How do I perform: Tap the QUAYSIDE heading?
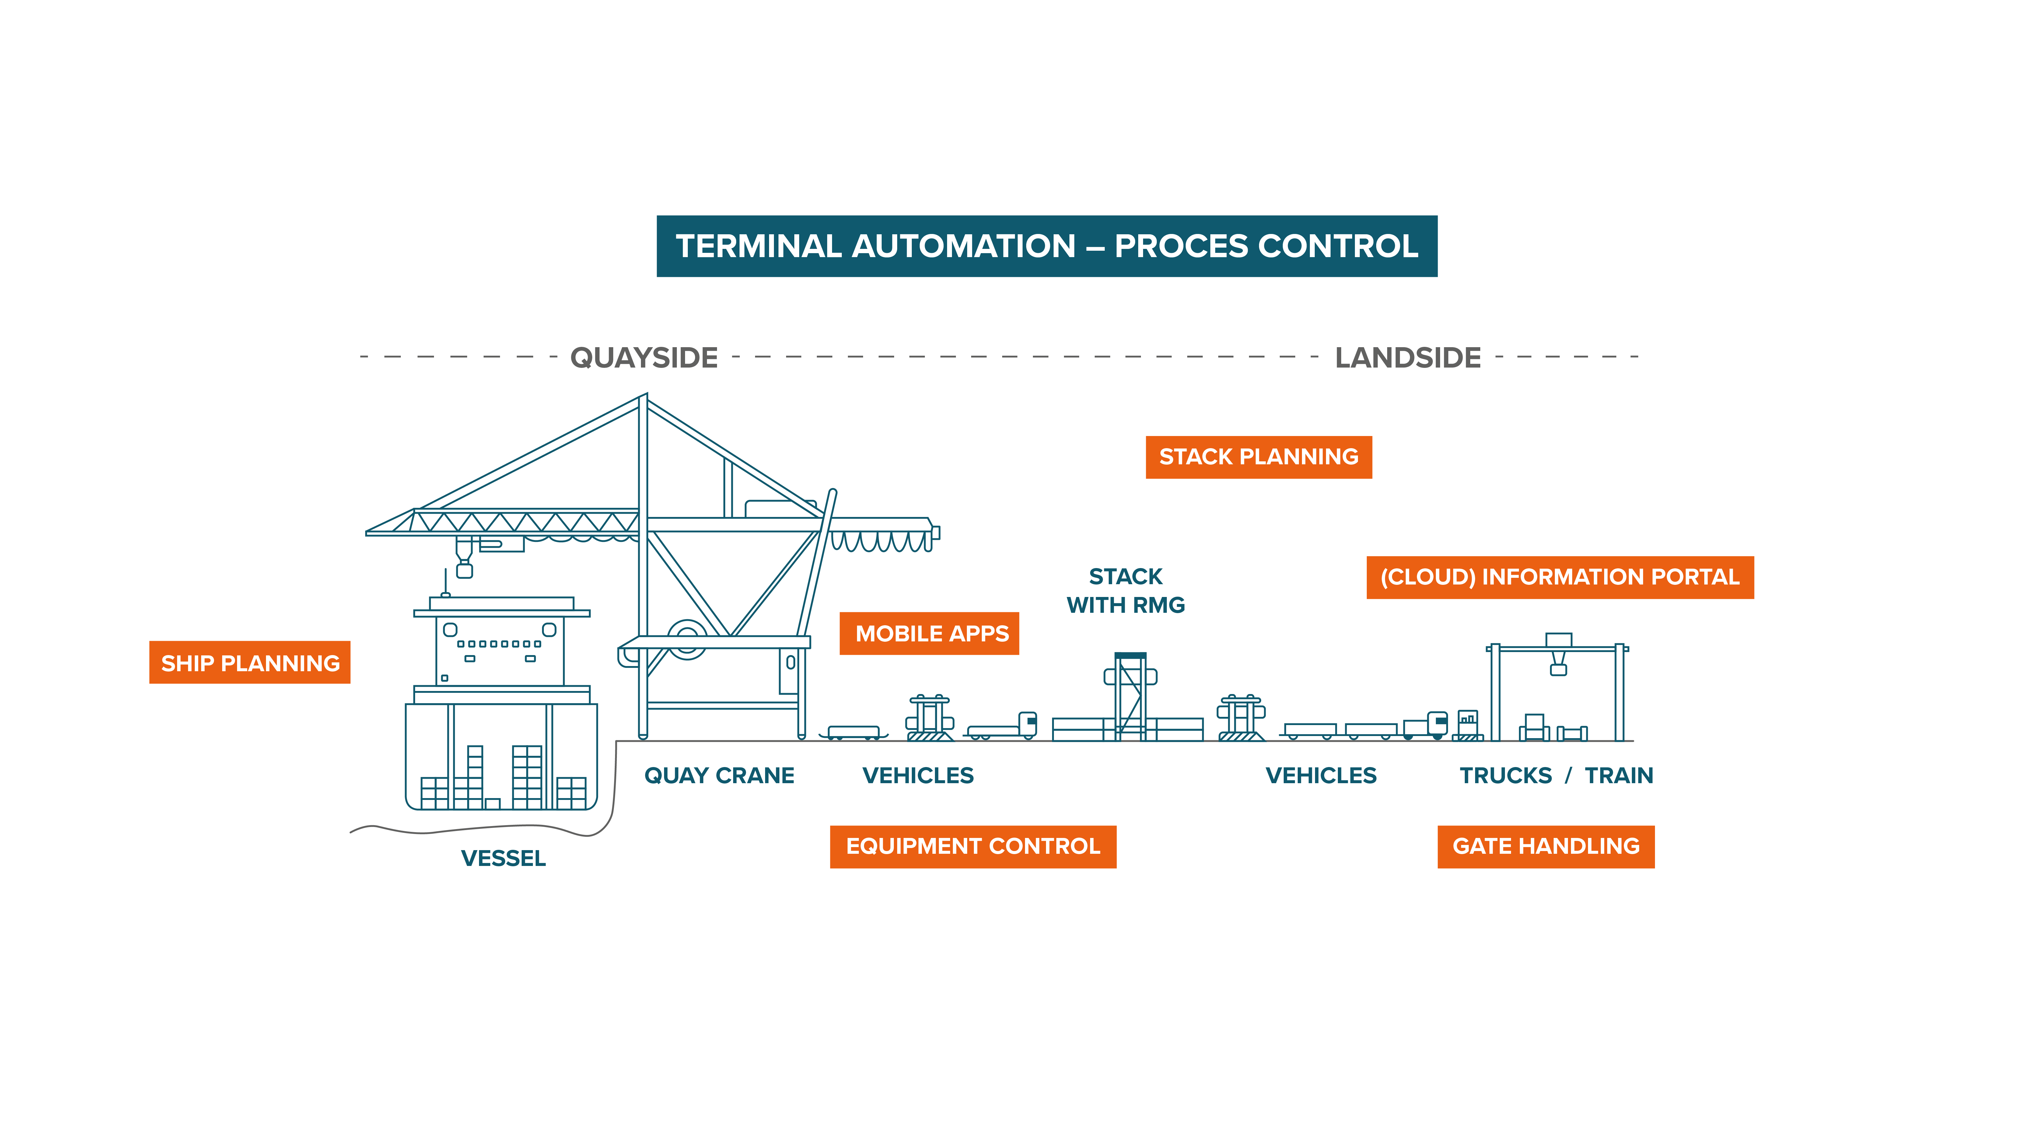[x=643, y=358]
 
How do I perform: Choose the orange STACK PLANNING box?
[x=1258, y=457]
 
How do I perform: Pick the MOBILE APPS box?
[x=929, y=633]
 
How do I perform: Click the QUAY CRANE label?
[x=718, y=776]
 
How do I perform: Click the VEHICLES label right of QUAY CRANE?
[x=918, y=776]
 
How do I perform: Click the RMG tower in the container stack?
[x=1130, y=693]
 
